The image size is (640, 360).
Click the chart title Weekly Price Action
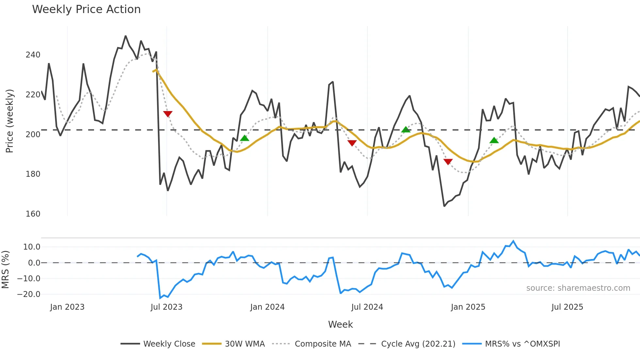click(x=86, y=9)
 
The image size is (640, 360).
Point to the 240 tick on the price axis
click(x=33, y=55)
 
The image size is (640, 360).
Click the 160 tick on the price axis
click(x=33, y=214)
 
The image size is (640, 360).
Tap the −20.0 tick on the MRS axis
click(x=29, y=294)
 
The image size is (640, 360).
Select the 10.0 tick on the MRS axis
click(x=32, y=247)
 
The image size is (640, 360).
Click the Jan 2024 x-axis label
click(x=267, y=307)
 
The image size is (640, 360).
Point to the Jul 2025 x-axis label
click(x=567, y=307)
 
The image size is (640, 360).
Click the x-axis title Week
click(x=340, y=324)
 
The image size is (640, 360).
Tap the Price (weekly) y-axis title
click(x=10, y=121)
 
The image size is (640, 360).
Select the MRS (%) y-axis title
click(x=5, y=270)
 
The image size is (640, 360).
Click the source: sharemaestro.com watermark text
click(x=578, y=288)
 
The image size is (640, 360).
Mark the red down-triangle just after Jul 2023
click(x=168, y=114)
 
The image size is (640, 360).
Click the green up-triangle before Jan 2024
click(x=245, y=138)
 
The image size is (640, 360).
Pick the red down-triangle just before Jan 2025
click(x=448, y=161)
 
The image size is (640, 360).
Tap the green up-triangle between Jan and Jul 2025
click(x=494, y=140)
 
